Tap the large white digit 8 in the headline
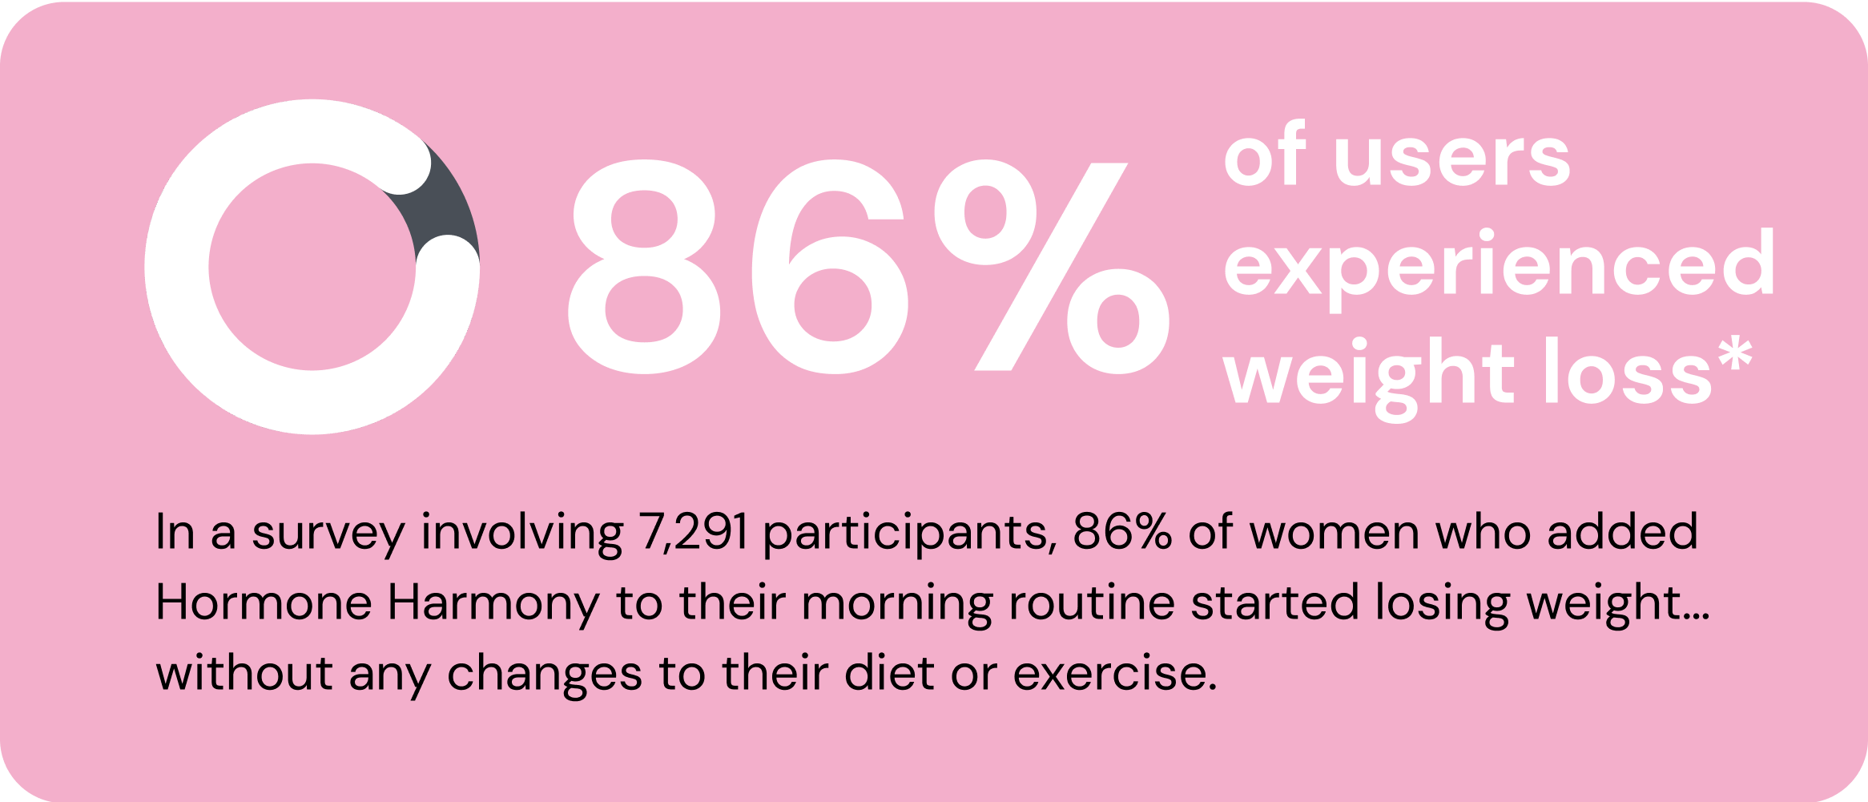tap(644, 267)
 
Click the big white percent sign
tap(1052, 267)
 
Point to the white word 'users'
tap(1451, 159)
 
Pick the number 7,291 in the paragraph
tap(694, 532)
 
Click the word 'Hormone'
tap(264, 603)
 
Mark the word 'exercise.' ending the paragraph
tap(1115, 673)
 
